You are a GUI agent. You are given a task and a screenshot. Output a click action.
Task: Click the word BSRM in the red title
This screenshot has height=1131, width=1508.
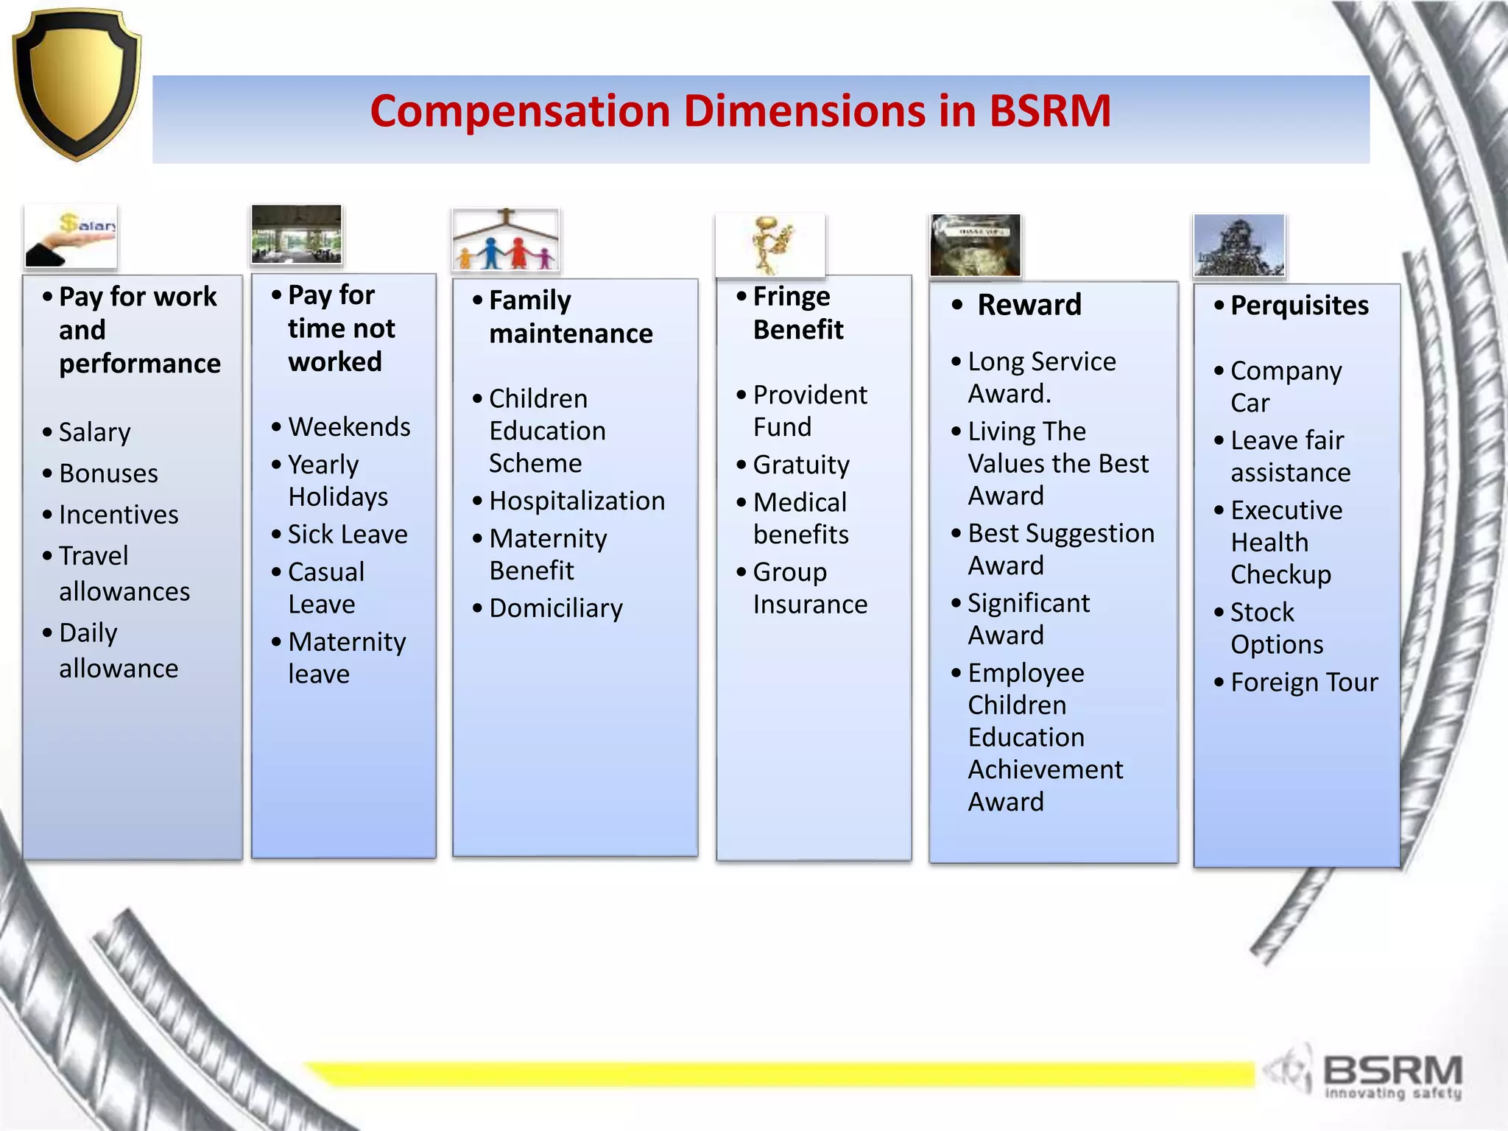(x=1049, y=111)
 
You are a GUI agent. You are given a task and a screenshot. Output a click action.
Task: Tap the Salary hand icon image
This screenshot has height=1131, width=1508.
(x=71, y=236)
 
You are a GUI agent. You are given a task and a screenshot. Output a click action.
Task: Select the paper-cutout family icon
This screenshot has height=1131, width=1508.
(x=505, y=240)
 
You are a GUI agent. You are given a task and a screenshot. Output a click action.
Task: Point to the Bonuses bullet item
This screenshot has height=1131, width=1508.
(x=108, y=473)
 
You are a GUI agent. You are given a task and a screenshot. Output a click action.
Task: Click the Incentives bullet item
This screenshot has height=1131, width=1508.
(x=118, y=515)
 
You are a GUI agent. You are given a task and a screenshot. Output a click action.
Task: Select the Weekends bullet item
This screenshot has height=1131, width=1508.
(x=349, y=427)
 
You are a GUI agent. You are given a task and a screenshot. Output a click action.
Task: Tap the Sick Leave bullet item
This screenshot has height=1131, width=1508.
(x=348, y=535)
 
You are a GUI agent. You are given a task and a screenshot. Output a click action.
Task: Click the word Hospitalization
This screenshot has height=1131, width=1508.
(x=577, y=501)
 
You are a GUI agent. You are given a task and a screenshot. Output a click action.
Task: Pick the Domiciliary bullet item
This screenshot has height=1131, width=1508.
(x=556, y=609)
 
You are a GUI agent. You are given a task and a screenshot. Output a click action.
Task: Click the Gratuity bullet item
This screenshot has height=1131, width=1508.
(x=801, y=465)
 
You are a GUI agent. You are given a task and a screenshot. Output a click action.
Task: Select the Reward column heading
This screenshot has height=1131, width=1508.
(x=1029, y=305)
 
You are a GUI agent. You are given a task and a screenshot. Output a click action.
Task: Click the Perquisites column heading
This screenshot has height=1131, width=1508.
(x=1299, y=306)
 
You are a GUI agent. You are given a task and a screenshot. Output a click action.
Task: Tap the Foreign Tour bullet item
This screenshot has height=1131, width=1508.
(x=1303, y=683)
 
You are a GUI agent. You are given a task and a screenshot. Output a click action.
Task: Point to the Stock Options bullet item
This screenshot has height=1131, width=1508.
(x=1276, y=628)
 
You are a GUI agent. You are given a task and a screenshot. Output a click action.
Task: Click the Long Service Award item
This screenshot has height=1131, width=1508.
(x=1041, y=378)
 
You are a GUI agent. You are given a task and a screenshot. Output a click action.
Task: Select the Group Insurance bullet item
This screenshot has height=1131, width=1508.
(x=809, y=588)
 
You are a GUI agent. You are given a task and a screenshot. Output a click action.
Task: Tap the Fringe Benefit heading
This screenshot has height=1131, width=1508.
(x=797, y=313)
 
